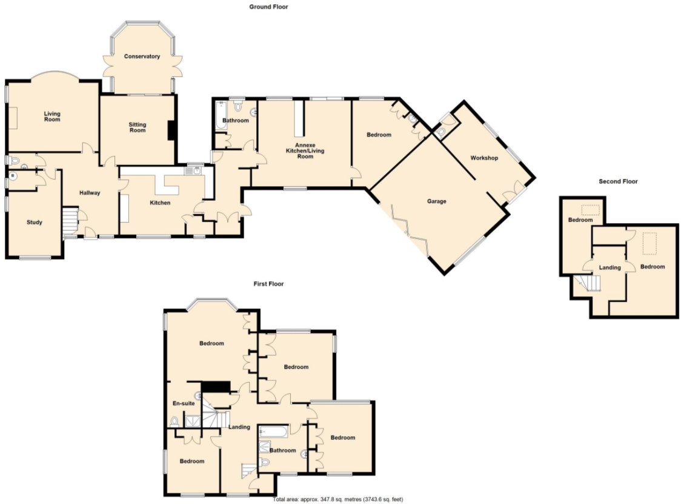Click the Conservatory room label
pos(142,56)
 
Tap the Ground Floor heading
pos(268,7)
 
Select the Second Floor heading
pos(618,181)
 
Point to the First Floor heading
pos(268,283)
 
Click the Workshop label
pos(484,158)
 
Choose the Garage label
pos(436,201)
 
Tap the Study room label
pos(35,222)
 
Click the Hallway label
pos(90,193)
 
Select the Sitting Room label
pos(138,127)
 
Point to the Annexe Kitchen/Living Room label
pos(305,150)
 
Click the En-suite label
pos(184,403)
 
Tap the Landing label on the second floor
pos(610,267)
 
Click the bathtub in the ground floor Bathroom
pos(221,115)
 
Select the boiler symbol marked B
pos(13,176)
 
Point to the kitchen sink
pos(193,171)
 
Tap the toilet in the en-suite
pos(174,422)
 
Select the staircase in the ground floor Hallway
pos(70,221)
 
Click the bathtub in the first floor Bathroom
pos(273,431)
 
